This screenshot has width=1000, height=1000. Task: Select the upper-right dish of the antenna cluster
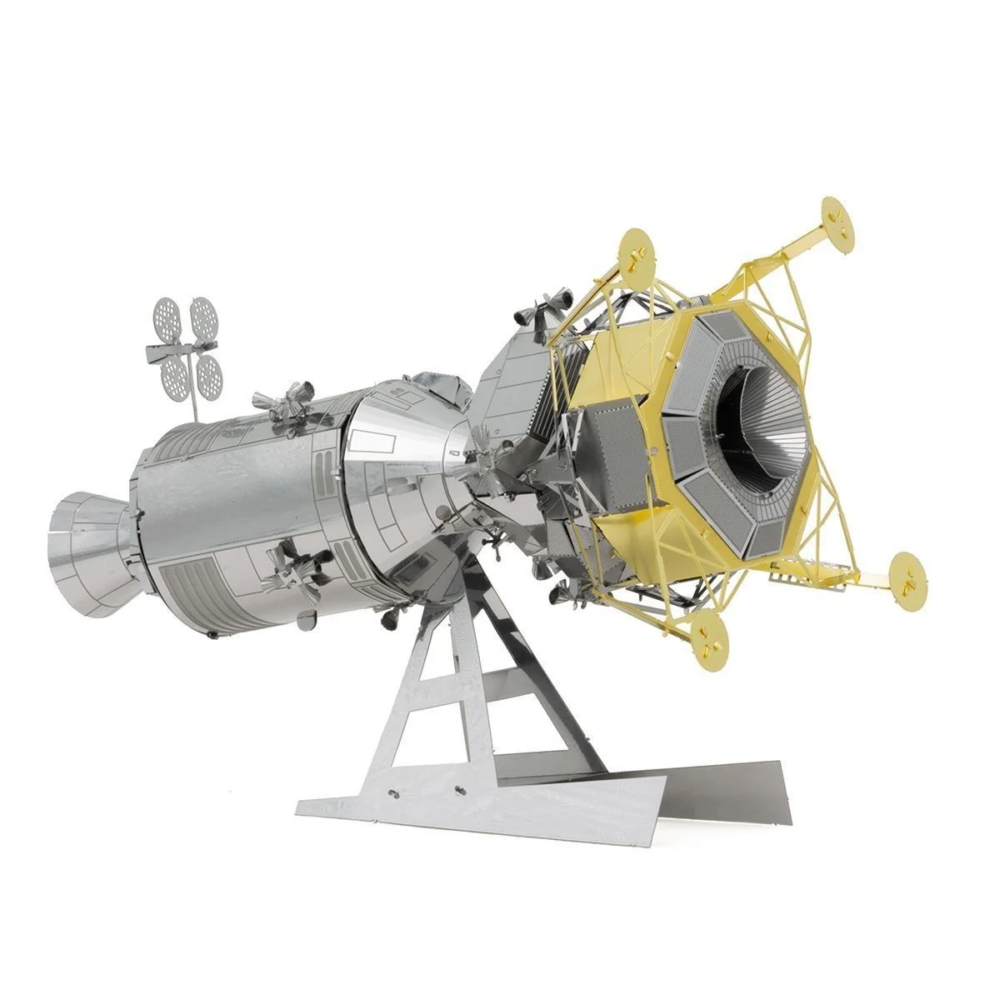pos(202,314)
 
